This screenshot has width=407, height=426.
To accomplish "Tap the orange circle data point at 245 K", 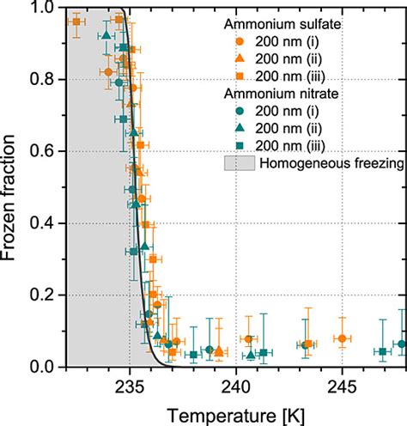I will (x=343, y=339).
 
